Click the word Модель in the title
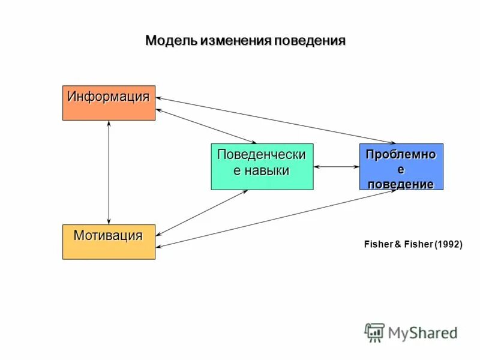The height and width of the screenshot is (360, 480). tap(171, 41)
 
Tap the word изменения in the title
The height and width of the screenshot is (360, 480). tap(236, 41)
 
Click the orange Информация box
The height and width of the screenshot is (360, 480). tap(109, 103)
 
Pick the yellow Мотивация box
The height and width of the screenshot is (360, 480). tap(109, 242)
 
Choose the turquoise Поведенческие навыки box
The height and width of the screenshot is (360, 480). tap(262, 167)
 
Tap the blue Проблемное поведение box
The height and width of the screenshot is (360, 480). tap(401, 167)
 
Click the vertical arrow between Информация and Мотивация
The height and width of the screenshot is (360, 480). tap(109, 172)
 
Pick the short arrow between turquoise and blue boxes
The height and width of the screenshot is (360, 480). tap(336, 167)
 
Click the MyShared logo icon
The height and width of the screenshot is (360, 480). tap(374, 332)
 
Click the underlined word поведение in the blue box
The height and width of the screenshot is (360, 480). tap(401, 184)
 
